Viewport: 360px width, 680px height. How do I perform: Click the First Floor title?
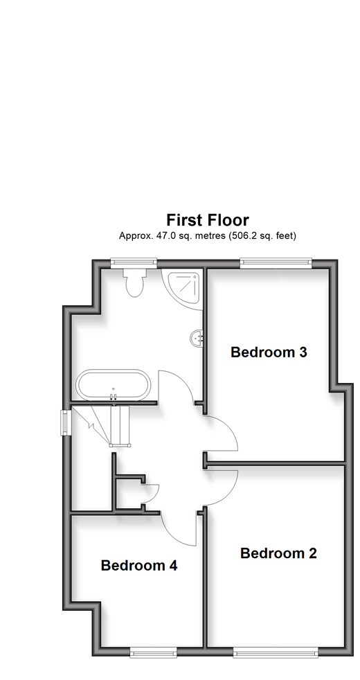(x=207, y=220)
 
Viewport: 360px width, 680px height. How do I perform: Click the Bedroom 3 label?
(x=269, y=352)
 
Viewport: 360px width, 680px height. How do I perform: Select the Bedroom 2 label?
(x=278, y=553)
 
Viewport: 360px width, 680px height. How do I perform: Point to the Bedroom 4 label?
(x=138, y=565)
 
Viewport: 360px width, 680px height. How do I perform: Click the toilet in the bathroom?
(x=135, y=283)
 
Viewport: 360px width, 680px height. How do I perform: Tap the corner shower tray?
(x=182, y=288)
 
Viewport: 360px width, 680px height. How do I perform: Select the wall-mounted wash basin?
(x=197, y=338)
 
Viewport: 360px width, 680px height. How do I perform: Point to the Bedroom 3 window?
(x=276, y=262)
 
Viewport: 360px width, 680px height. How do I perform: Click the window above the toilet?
(x=134, y=262)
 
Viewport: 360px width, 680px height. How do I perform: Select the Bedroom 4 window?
(x=153, y=652)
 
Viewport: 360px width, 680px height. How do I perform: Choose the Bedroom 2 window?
(x=276, y=652)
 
